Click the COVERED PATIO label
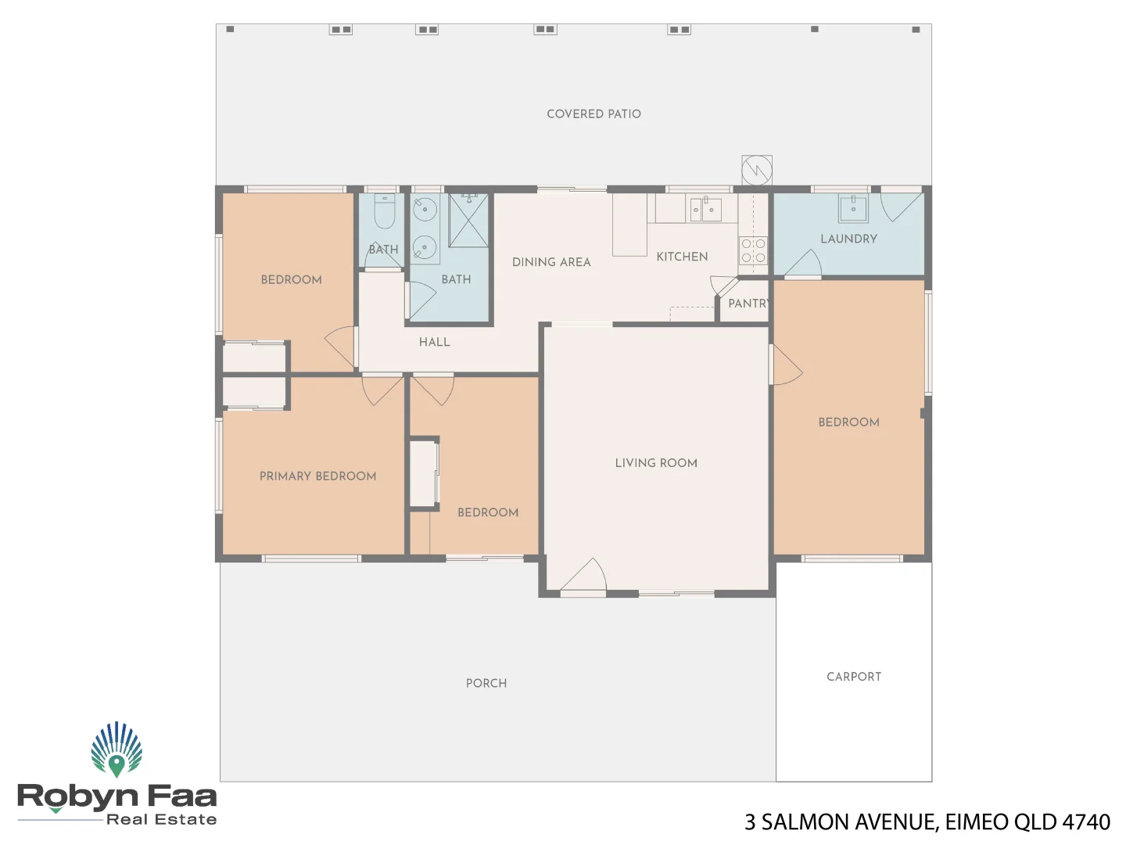pos(593,114)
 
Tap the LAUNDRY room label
pos(848,239)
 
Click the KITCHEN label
pos(682,257)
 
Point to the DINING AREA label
pos(551,262)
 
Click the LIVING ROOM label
pos(656,463)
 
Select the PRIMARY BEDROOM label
pos(317,476)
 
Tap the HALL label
pos(434,342)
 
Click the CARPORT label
pos(854,677)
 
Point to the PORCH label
pos(486,683)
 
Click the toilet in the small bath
pos(384,210)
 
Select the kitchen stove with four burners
pos(754,250)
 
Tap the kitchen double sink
pos(705,209)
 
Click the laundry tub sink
pos(853,208)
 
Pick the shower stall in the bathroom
pos(468,221)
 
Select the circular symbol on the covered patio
pos(757,170)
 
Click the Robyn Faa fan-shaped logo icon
pos(117,749)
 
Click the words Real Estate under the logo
pos(161,819)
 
